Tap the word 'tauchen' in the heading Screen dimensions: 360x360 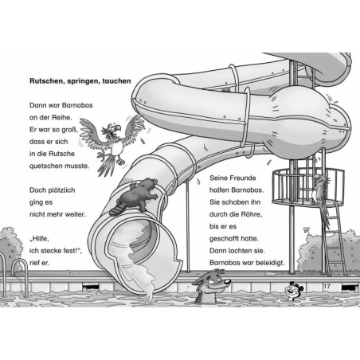coord(116,81)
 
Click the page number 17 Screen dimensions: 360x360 coord(327,286)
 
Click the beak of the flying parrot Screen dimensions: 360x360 coord(118,129)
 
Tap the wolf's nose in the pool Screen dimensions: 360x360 coord(228,281)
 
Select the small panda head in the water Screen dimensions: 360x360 coord(293,291)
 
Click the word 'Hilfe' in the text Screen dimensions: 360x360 coord(40,239)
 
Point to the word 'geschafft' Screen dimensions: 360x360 coord(223,239)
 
